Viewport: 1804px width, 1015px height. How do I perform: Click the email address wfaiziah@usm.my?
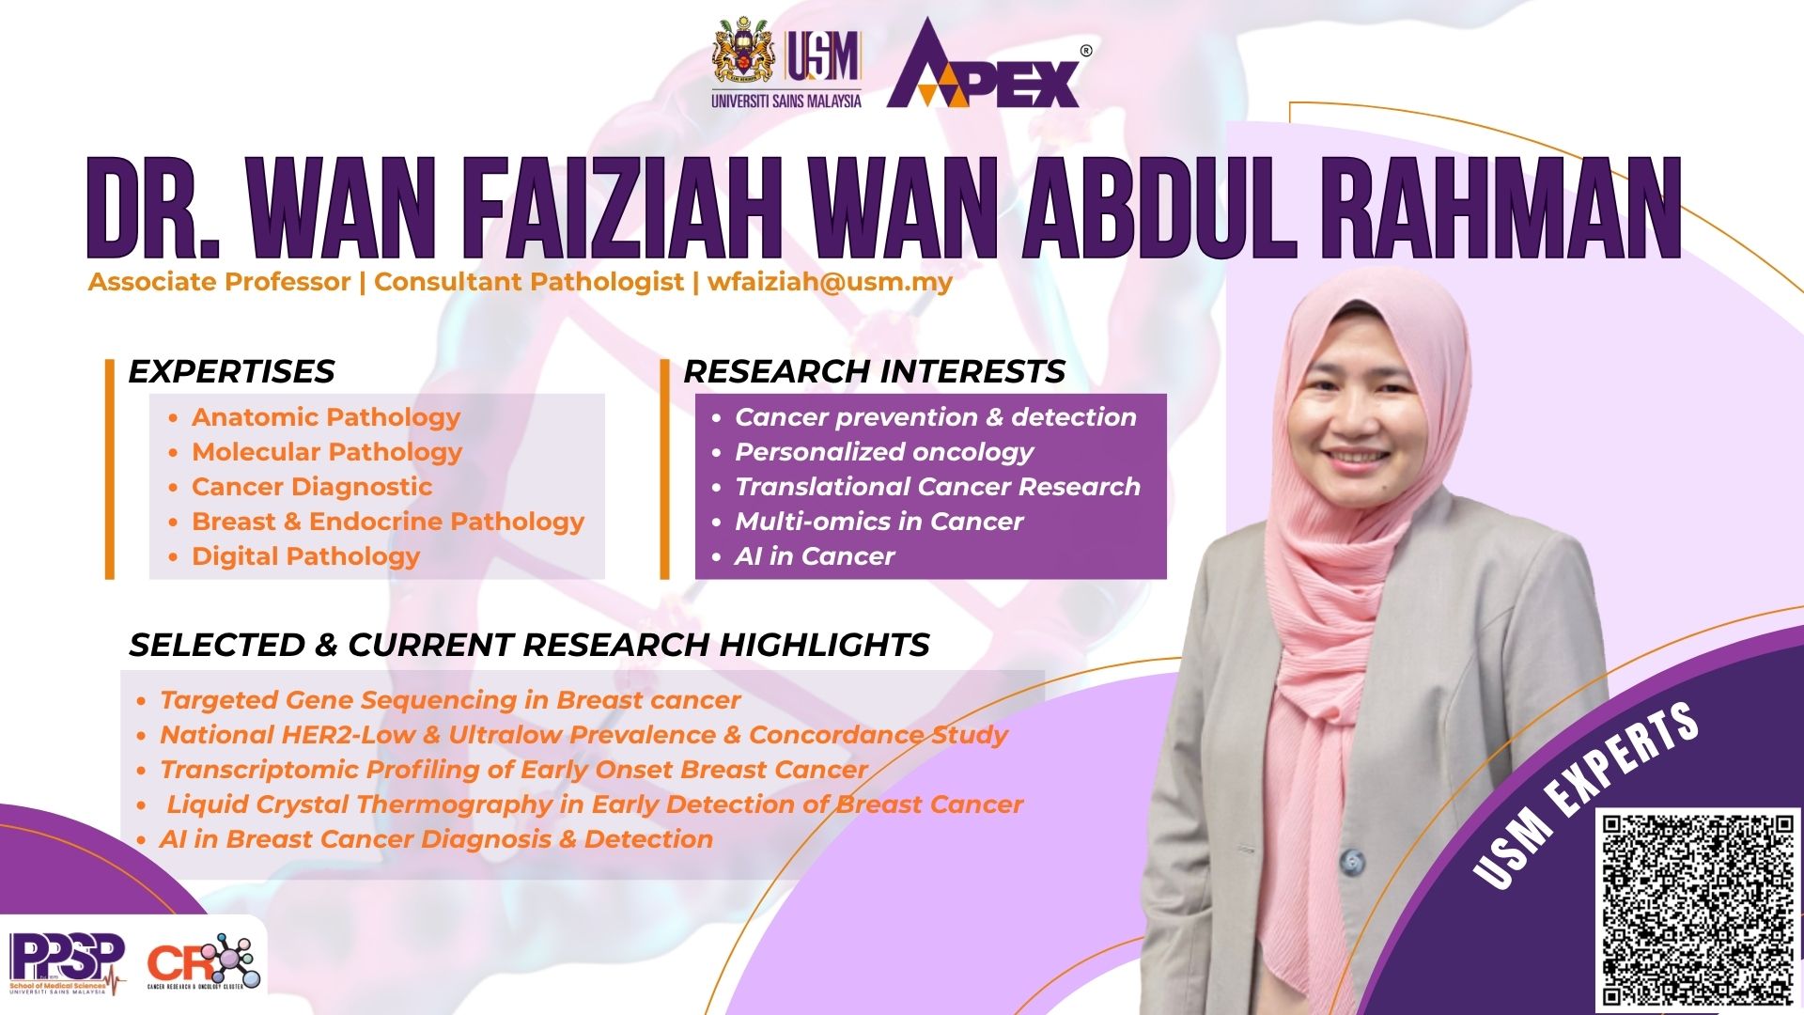click(x=830, y=282)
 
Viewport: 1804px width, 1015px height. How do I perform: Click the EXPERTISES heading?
click(x=231, y=371)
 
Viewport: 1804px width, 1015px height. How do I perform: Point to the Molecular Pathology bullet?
click(x=327, y=452)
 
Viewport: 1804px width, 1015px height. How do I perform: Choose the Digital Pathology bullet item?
click(x=305, y=556)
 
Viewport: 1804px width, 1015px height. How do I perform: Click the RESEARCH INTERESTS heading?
click(x=874, y=371)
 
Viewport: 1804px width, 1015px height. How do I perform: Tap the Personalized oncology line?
click(x=884, y=452)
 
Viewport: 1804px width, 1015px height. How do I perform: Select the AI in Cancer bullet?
click(x=815, y=556)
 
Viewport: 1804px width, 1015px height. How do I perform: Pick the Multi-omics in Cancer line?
click(x=879, y=522)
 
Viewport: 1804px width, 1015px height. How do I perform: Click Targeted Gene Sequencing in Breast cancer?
click(x=450, y=700)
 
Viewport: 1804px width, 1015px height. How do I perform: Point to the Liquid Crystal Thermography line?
click(x=595, y=804)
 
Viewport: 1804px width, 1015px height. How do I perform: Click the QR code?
click(x=1698, y=910)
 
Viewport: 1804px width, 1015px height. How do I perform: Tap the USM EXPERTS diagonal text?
click(x=1587, y=795)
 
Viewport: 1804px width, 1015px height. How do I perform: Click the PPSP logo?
click(x=67, y=963)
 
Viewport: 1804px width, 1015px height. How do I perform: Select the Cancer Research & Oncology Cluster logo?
click(x=203, y=961)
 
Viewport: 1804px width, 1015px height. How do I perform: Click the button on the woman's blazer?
click(x=1352, y=859)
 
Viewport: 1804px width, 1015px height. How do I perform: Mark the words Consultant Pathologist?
click(x=529, y=282)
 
